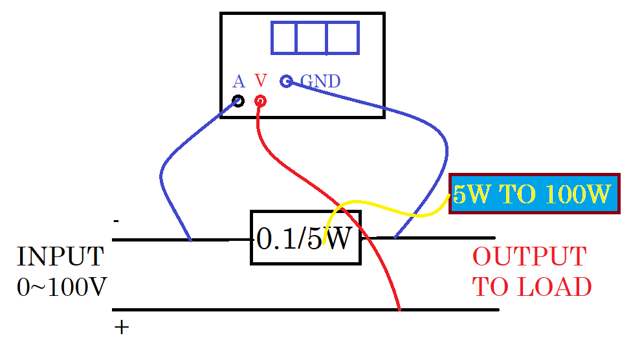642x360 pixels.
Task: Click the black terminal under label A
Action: [238, 101]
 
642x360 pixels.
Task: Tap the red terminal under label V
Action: [260, 101]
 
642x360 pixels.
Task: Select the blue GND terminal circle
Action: [286, 81]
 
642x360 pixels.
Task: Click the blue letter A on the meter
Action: [239, 82]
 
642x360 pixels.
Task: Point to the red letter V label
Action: [261, 80]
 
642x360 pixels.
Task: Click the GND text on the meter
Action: [320, 81]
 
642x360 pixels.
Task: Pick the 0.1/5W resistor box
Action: [305, 238]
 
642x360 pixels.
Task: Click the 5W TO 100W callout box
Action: [535, 194]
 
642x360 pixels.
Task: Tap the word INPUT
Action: [60, 257]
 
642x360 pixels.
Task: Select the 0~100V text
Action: [62, 287]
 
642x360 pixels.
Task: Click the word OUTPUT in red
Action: [529, 257]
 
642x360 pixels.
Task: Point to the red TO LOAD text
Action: [532, 287]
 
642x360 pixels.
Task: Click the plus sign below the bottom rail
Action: [122, 327]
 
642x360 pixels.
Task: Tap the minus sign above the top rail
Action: [116, 221]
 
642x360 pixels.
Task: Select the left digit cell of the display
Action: [283, 38]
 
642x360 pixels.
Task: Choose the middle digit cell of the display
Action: [311, 38]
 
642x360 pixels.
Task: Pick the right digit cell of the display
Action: [343, 38]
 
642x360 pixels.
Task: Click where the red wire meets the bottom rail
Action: [399, 309]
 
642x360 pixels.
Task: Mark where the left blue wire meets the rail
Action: [190, 240]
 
